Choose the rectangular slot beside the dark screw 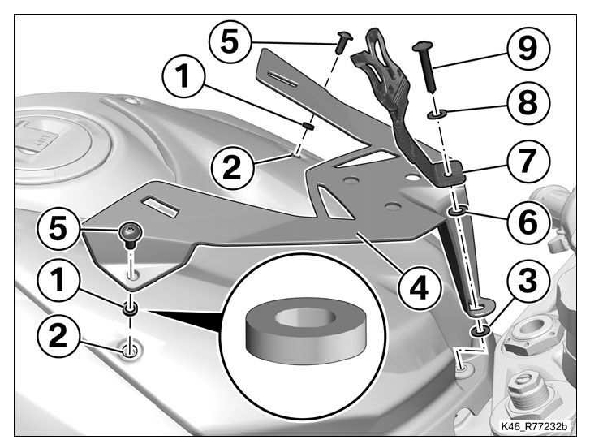161,202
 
